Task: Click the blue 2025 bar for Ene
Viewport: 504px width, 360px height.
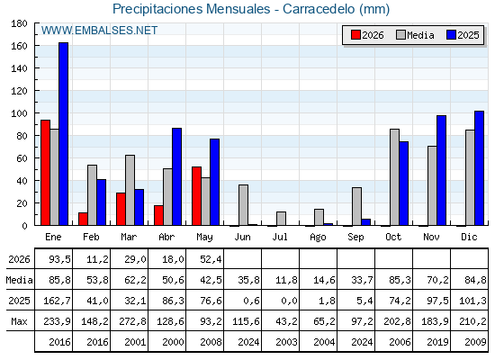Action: tap(63, 134)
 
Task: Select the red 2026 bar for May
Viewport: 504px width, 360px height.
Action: tap(197, 196)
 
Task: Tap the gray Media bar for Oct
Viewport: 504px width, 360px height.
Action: tap(395, 177)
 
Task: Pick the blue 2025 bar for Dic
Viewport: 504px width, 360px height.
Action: tap(479, 168)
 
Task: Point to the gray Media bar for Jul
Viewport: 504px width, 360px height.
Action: tap(281, 219)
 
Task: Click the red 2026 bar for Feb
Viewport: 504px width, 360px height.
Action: tap(83, 219)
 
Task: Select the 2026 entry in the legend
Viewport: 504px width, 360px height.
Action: tap(367, 35)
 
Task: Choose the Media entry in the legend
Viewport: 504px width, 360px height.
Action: tap(415, 35)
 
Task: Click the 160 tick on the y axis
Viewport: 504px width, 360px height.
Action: tap(19, 46)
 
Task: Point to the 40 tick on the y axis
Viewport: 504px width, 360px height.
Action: tap(22, 181)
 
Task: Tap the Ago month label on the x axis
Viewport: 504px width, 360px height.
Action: tap(318, 238)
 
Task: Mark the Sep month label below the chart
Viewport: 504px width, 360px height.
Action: tap(355, 238)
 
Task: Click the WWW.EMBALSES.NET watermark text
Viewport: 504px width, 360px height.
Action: tap(99, 31)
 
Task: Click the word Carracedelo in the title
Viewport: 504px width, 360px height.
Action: tap(319, 9)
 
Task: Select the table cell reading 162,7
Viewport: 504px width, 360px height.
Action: tap(58, 301)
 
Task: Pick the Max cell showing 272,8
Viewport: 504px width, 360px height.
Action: tap(133, 321)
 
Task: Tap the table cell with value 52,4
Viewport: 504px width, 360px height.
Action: tap(211, 259)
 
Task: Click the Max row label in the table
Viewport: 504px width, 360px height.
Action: tap(19, 321)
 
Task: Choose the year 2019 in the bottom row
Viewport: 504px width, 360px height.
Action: tap(437, 342)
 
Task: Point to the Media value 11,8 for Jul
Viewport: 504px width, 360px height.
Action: tap(286, 280)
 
